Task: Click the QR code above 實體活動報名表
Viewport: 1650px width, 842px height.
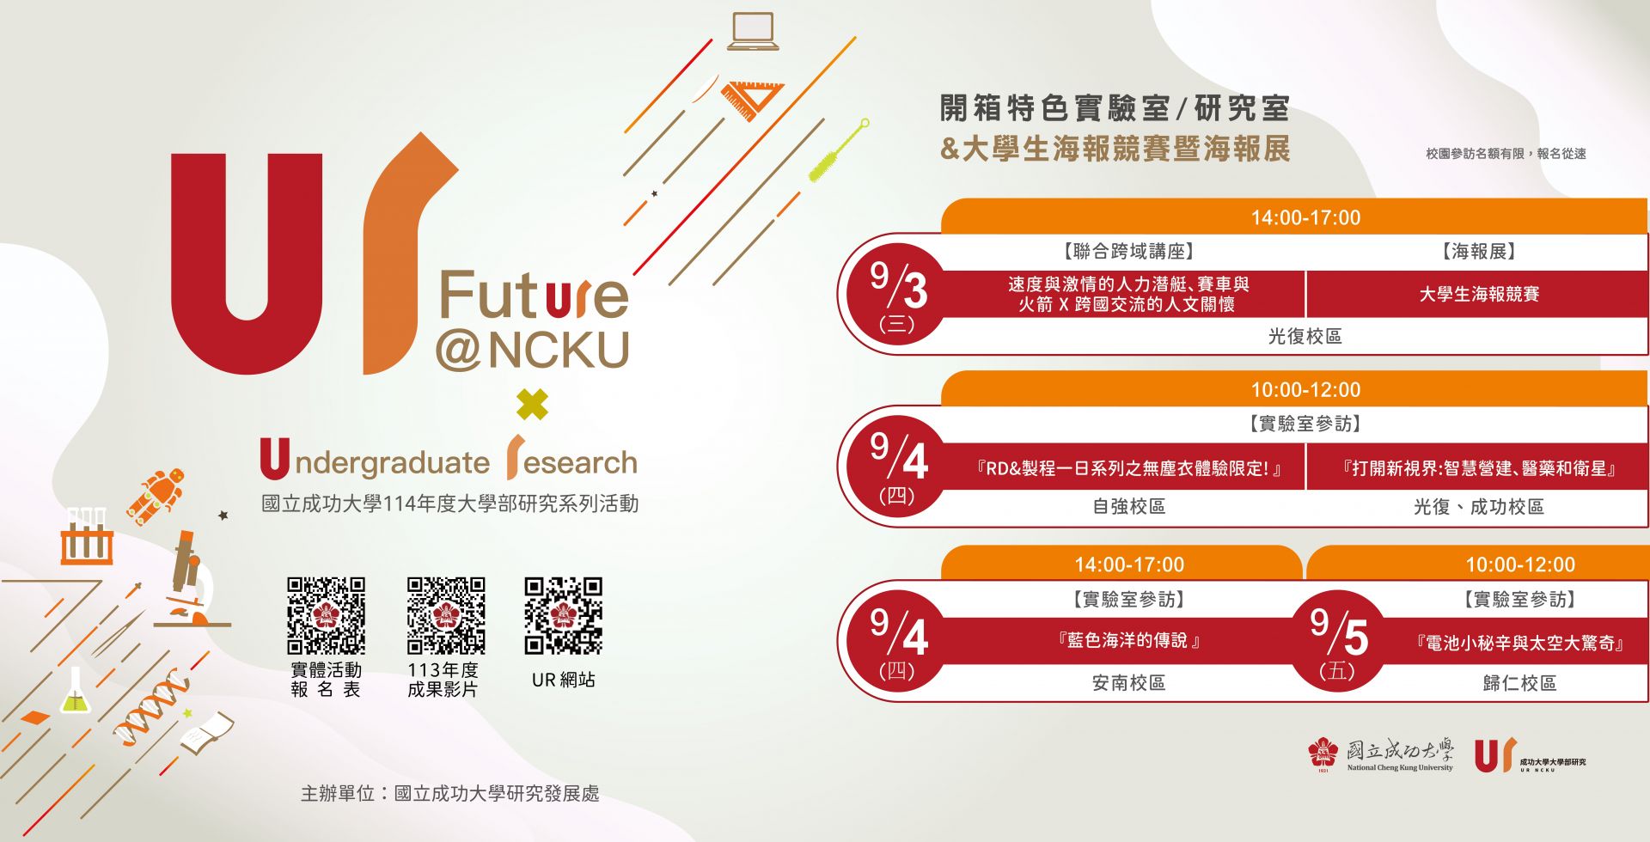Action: (326, 615)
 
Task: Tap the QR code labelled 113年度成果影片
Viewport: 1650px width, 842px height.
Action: (446, 615)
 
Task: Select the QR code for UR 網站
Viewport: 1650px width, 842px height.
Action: (564, 615)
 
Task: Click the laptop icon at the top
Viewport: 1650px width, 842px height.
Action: (753, 31)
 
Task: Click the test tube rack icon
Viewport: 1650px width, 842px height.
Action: (87, 535)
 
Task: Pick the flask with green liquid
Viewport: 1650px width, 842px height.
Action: (75, 691)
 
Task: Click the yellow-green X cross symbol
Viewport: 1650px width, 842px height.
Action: (533, 405)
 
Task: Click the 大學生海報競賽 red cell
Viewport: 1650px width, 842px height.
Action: (1478, 295)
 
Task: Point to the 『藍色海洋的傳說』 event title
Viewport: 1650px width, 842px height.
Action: (1129, 640)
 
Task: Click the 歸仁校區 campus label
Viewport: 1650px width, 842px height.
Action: (1519, 683)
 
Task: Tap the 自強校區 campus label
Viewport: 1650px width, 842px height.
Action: (1128, 507)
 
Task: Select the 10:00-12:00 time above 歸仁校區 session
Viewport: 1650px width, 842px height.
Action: (1520, 564)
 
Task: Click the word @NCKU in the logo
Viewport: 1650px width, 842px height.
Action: (533, 351)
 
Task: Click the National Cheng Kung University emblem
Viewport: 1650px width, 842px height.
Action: (1323, 754)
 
